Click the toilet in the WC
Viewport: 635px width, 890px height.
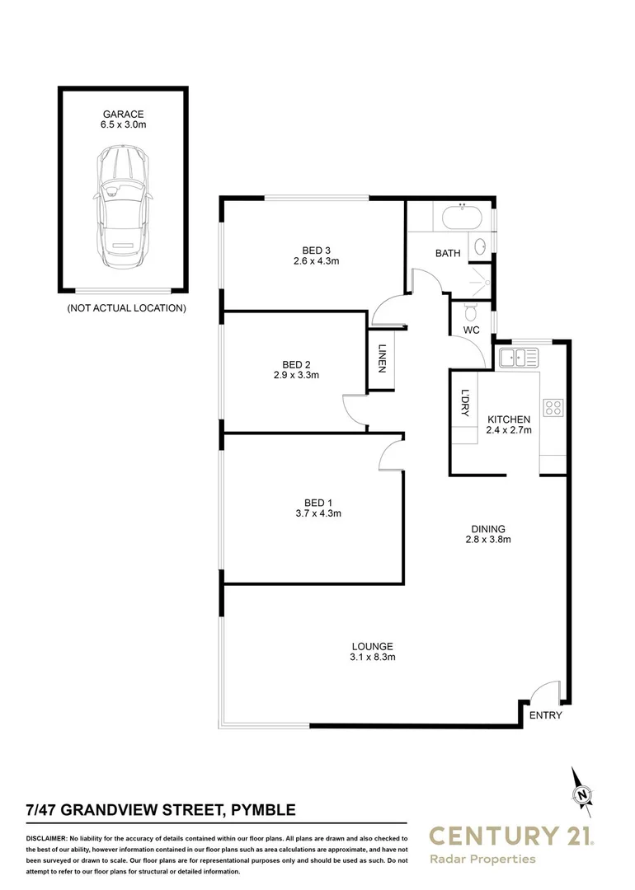click(x=471, y=312)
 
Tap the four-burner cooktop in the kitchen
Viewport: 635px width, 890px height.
click(x=553, y=407)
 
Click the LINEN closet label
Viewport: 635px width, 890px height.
click(x=382, y=358)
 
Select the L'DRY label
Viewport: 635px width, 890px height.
click(x=465, y=403)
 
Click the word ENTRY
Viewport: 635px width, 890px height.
click(x=545, y=715)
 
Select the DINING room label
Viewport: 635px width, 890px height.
click(x=488, y=529)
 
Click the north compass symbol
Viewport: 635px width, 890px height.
click(x=583, y=793)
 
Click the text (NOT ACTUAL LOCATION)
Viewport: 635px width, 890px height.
click(x=125, y=308)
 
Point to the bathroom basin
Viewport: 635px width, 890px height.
click(x=479, y=246)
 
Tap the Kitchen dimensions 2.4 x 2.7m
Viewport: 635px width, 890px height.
click(x=508, y=429)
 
